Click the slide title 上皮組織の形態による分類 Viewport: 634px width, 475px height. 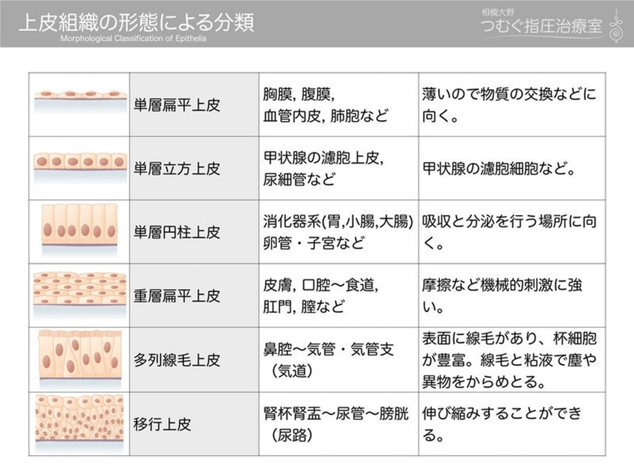click(x=136, y=23)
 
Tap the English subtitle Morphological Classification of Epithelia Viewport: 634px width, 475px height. click(x=134, y=39)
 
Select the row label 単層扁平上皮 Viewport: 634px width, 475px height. click(x=176, y=106)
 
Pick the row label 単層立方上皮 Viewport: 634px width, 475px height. click(x=176, y=169)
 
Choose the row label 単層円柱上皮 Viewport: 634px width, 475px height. click(x=176, y=232)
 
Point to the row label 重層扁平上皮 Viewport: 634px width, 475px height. click(x=176, y=296)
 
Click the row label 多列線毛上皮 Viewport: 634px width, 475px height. click(x=176, y=359)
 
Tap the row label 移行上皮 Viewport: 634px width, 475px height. click(x=162, y=424)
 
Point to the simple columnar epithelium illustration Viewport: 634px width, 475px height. click(x=80, y=226)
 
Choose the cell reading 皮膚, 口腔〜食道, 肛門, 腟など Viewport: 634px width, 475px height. click(x=321, y=296)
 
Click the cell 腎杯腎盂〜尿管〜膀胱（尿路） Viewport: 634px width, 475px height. click(x=336, y=424)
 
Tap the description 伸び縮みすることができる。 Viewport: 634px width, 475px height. click(x=503, y=424)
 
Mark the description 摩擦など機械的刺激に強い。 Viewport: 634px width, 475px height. click(x=503, y=296)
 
